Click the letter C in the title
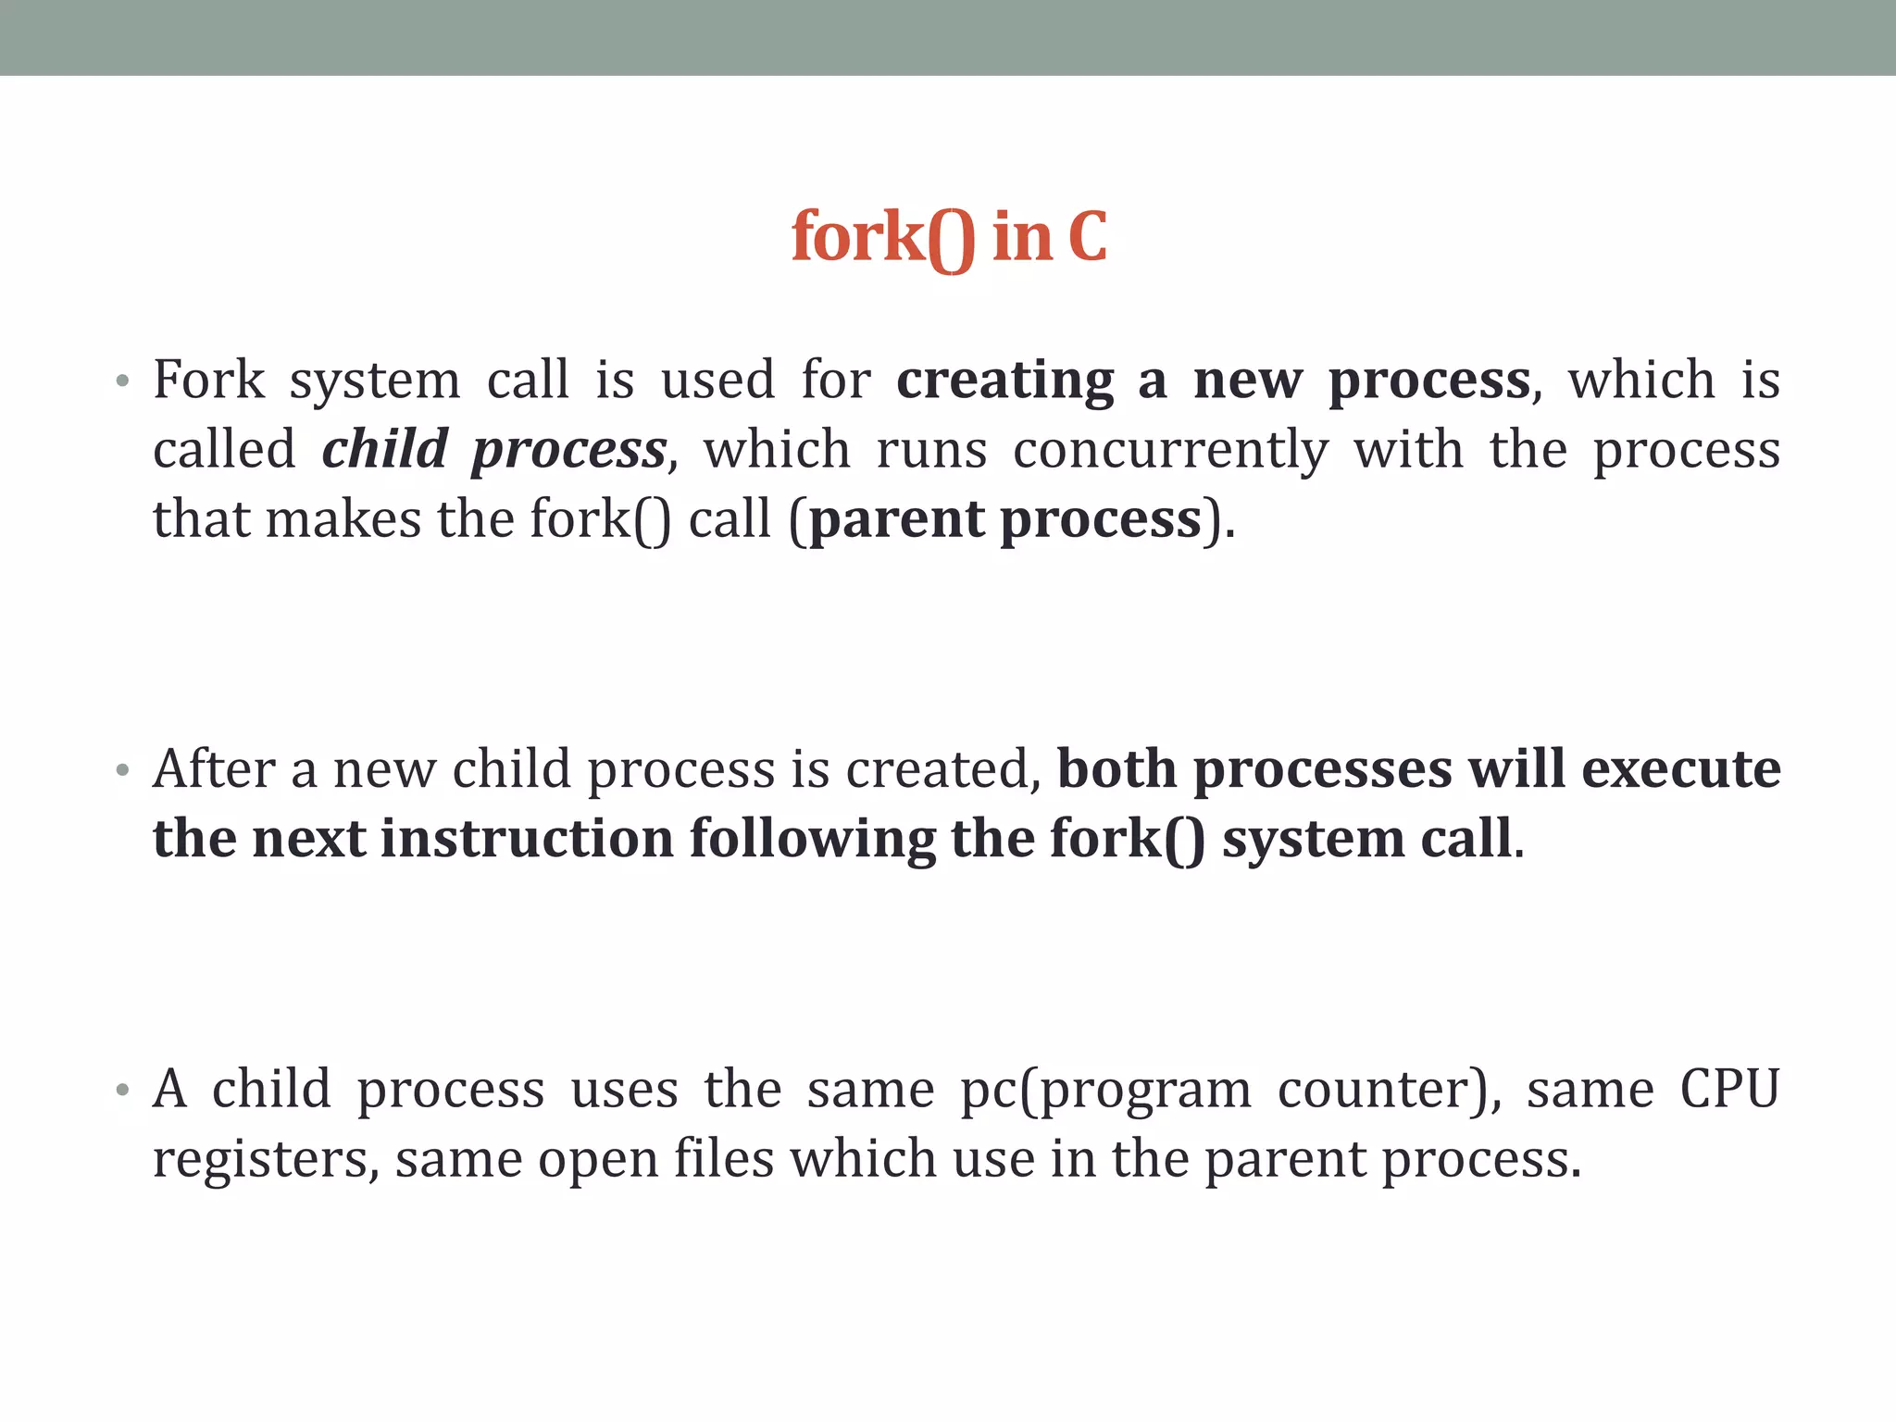pos(1087,237)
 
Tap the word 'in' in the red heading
pos(1022,237)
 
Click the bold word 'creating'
pos(1005,381)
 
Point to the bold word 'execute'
pos(1680,770)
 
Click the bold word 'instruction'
pos(527,839)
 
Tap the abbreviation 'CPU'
pos(1729,1089)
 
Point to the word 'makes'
pos(343,519)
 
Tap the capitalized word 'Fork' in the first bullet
pos(209,380)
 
